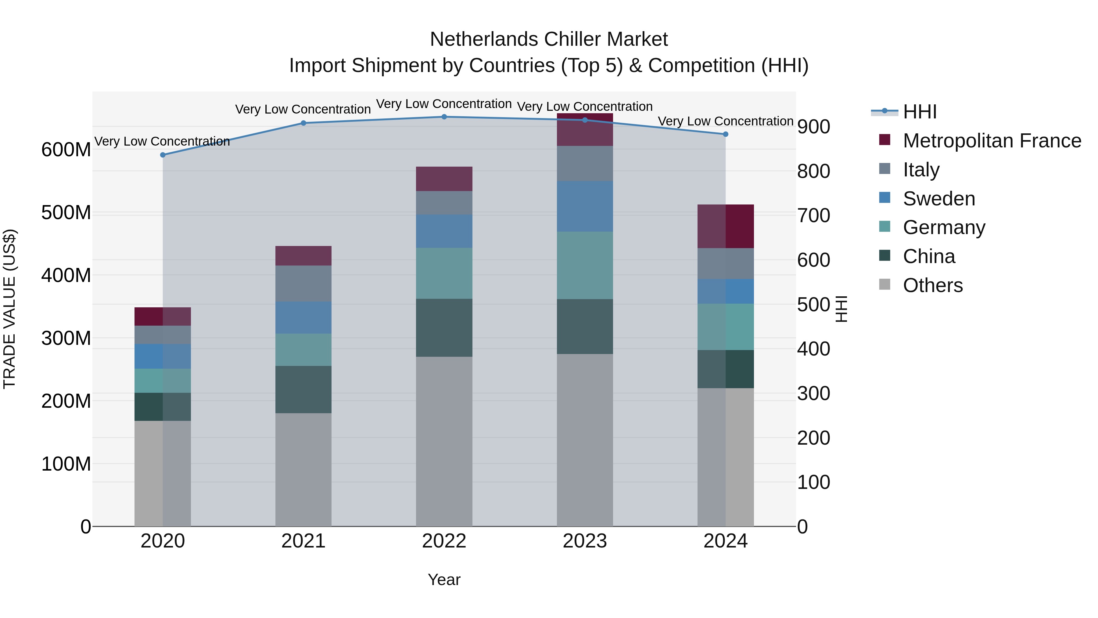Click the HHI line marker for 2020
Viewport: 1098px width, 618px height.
(163, 155)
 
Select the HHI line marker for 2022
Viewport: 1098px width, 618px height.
(444, 117)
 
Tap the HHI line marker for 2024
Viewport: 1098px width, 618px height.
(726, 134)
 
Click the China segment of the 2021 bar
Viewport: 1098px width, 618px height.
(303, 389)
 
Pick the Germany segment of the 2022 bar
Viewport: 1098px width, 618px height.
(444, 273)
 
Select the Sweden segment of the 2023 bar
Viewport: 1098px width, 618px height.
(585, 206)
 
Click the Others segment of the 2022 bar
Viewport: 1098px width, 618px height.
(444, 441)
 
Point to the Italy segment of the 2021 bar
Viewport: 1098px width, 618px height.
(303, 284)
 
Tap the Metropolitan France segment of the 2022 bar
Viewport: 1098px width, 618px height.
(444, 179)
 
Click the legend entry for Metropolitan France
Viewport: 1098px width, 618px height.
(992, 141)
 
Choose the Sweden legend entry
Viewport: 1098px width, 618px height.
(938, 199)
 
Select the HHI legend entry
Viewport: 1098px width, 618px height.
(919, 112)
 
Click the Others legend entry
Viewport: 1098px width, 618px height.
(933, 285)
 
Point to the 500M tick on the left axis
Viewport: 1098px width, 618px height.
(66, 212)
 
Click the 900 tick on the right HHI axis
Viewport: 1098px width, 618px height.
(813, 127)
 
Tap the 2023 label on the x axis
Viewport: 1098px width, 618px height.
(585, 541)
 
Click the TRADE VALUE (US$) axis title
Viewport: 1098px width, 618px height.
(9, 309)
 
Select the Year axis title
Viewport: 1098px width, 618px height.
(444, 580)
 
